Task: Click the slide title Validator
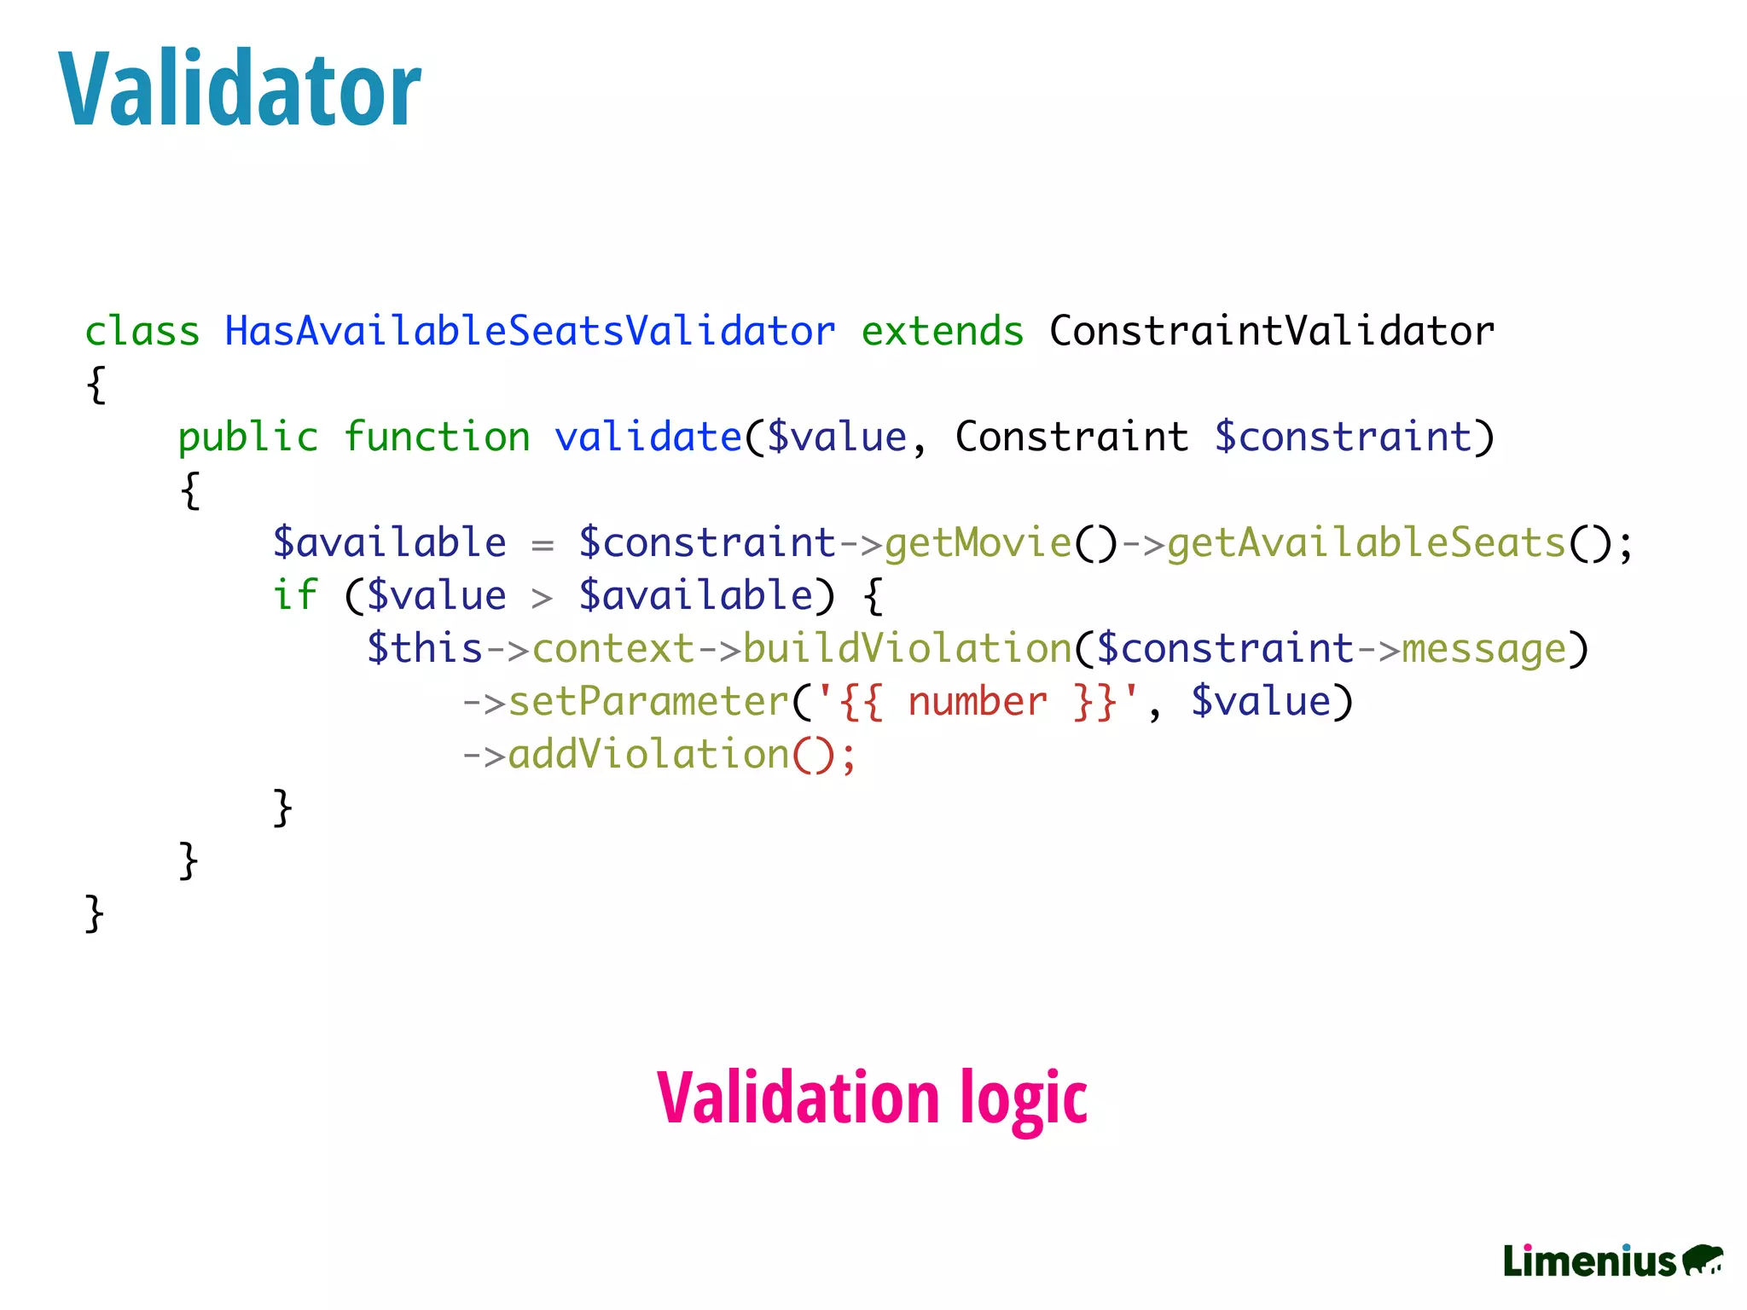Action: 240,90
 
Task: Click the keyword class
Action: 142,331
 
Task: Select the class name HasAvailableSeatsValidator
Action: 530,331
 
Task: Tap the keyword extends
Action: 942,331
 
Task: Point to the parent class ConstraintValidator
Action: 1271,331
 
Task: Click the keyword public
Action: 248,437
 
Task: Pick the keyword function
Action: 437,437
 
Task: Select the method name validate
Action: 648,437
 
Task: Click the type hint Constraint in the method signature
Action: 1071,437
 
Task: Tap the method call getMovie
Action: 978,542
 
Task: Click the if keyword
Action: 295,595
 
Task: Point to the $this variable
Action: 425,648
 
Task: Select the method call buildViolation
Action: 908,648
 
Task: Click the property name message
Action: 1484,648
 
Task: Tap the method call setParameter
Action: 648,702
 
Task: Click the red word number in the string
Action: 978,702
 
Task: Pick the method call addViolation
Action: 648,755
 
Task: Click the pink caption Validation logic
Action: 872,1098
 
